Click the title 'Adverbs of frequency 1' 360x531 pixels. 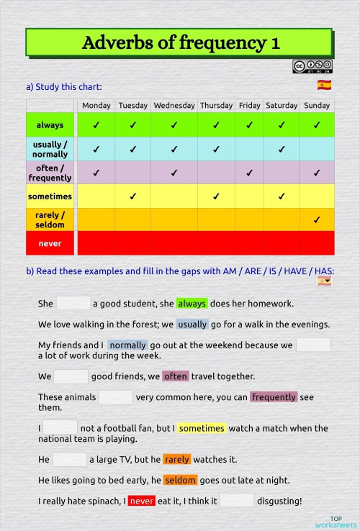pos(180,42)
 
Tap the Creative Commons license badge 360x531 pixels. pos(312,67)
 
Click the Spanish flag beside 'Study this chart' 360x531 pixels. pos(324,86)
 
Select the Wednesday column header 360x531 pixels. pos(174,105)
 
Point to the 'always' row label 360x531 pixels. pos(50,125)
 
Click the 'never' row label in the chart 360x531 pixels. pos(50,243)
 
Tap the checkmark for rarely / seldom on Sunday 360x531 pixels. pos(317,219)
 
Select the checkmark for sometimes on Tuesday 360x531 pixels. pos(132,196)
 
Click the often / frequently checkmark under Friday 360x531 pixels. pos(249,173)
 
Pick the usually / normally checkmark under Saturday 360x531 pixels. pos(282,149)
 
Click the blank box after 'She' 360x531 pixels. pos(73,304)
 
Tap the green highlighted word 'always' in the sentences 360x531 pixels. pos(192,304)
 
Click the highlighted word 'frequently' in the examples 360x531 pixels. pos(274,396)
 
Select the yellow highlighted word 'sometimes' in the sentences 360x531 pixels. pos(202,428)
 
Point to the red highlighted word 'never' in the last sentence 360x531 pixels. pos(141,501)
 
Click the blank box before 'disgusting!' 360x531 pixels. pos(237,501)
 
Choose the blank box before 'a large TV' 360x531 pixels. pos(70,459)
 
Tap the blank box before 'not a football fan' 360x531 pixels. pos(60,428)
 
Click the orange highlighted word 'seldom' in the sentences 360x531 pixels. pos(180,480)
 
